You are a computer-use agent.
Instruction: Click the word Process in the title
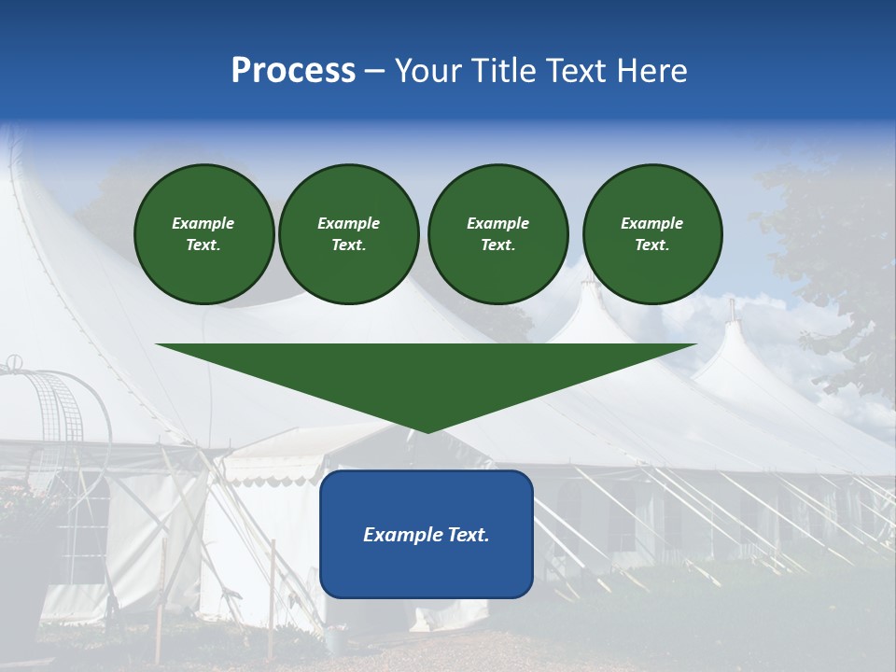pos(293,71)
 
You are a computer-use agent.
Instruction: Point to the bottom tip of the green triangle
pos(427,430)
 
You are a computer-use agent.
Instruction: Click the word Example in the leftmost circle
pos(203,223)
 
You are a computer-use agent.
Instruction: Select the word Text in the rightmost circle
pos(651,245)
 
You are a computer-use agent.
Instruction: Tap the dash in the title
pos(374,71)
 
